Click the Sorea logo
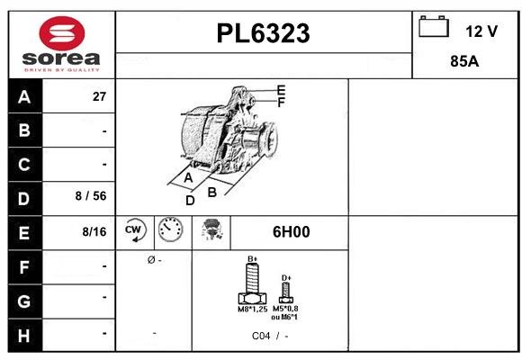(60, 44)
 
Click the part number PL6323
(264, 33)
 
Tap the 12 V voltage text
(481, 31)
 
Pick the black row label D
(24, 198)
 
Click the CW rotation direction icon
(135, 232)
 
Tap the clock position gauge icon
(170, 232)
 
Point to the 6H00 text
(291, 232)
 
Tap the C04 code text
(261, 336)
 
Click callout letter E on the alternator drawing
(281, 90)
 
